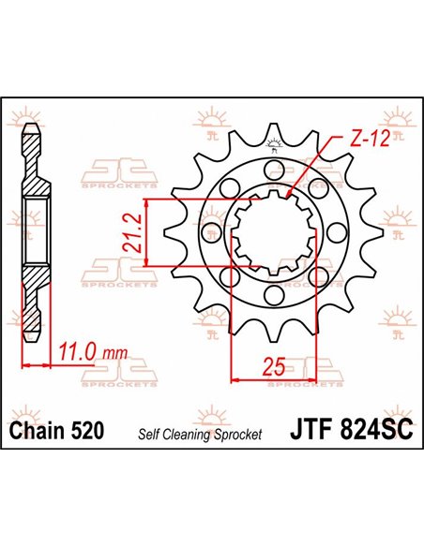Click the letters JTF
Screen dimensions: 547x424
tap(311, 432)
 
